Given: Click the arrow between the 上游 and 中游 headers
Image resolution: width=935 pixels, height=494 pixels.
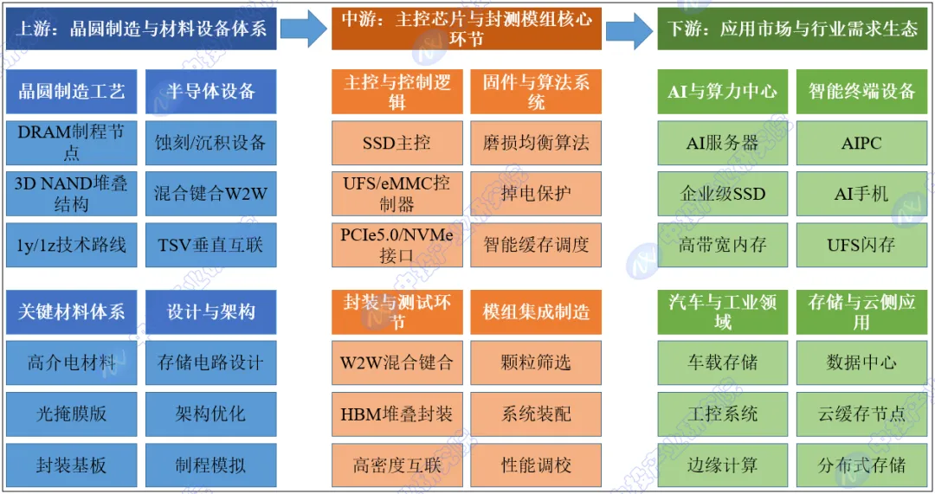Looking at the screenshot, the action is pyautogui.click(x=303, y=29).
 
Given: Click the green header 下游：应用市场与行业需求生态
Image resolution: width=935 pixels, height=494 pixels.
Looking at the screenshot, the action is pyautogui.click(x=793, y=29).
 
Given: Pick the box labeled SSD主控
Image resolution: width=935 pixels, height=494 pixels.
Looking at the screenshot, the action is pyautogui.click(x=397, y=143).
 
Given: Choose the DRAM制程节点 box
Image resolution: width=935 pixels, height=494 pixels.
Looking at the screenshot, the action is pyautogui.click(x=71, y=143).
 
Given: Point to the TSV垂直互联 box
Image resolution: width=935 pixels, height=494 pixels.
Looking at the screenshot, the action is pyautogui.click(x=210, y=245).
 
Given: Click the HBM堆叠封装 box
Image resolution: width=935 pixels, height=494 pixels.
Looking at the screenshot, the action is pyautogui.click(x=397, y=414).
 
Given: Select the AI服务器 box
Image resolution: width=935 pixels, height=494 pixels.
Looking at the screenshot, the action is pyautogui.click(x=722, y=143).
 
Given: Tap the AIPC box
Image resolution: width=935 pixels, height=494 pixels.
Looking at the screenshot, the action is pyautogui.click(x=861, y=143).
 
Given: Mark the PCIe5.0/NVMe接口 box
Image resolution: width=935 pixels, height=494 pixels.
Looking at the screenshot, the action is pyautogui.click(x=397, y=245).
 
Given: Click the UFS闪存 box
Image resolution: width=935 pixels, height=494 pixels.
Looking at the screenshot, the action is pyautogui.click(x=861, y=245).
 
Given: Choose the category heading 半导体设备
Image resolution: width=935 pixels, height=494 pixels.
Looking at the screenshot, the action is pyautogui.click(x=210, y=92).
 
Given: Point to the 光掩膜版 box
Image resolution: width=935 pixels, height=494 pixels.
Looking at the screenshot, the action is pyautogui.click(x=71, y=414).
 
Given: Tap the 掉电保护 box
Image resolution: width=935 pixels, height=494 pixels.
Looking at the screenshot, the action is pyautogui.click(x=536, y=194).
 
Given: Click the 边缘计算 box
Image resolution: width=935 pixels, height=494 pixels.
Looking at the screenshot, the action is pyautogui.click(x=722, y=465).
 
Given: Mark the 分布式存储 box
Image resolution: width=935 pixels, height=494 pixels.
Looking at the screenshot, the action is pyautogui.click(x=861, y=465).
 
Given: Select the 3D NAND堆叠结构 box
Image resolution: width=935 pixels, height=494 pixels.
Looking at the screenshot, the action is pyautogui.click(x=71, y=194).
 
